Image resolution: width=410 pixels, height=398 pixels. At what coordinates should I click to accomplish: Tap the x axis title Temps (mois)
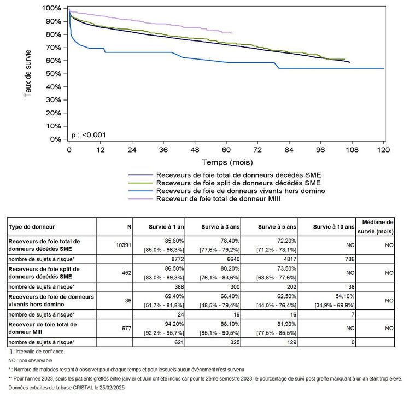pos(226,162)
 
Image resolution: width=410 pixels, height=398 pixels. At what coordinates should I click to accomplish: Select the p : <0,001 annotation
pos(89,134)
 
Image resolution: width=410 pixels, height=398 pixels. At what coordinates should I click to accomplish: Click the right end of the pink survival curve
pos(232,33)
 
